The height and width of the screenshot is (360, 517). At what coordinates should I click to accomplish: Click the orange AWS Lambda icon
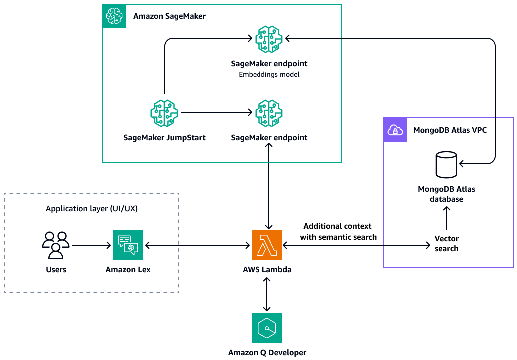click(x=267, y=245)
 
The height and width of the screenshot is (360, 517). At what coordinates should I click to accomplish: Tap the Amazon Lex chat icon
click(x=128, y=245)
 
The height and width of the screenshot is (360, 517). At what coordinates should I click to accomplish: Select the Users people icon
click(x=55, y=245)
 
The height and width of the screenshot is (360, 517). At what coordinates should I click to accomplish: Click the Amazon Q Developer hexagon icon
click(x=267, y=328)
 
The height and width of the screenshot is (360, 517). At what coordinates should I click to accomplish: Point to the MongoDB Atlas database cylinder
click(x=446, y=166)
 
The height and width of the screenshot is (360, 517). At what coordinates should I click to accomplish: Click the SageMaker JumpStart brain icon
click(x=164, y=113)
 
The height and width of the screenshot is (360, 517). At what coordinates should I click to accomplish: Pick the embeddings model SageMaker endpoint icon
click(x=269, y=40)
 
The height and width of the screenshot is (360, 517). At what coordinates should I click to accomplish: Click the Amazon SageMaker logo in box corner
click(x=115, y=16)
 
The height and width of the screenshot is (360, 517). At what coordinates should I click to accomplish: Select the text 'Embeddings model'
click(x=269, y=75)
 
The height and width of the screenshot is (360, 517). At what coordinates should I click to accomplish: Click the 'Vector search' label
click(x=446, y=243)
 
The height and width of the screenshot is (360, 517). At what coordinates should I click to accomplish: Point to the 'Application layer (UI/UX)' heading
click(x=92, y=209)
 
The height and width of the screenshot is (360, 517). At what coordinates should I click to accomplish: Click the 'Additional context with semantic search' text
click(x=338, y=232)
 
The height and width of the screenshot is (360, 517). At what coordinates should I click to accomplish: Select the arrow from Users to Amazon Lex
click(x=91, y=245)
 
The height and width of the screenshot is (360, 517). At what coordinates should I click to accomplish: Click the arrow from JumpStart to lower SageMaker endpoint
click(x=216, y=113)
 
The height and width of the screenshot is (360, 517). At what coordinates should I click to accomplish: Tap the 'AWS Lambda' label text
click(x=267, y=270)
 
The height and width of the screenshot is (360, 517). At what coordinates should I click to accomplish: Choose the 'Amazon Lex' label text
click(x=128, y=270)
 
